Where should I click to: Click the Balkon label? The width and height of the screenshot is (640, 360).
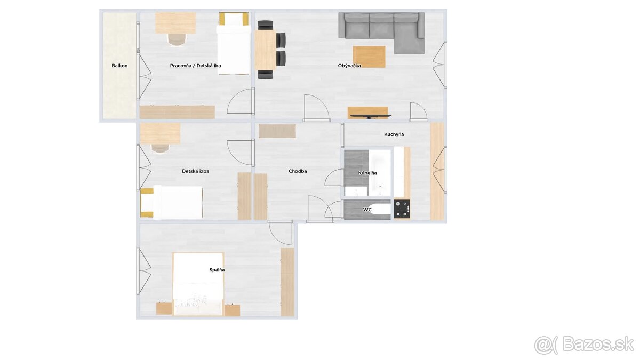click(119, 66)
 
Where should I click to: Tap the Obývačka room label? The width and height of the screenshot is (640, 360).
click(349, 66)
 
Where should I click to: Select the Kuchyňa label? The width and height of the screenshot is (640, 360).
click(394, 134)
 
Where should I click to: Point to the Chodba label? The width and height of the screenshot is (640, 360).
click(298, 171)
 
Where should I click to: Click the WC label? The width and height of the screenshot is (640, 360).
click(367, 210)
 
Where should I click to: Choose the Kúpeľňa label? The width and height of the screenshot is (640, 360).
click(367, 173)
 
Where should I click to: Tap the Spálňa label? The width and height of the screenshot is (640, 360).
click(217, 270)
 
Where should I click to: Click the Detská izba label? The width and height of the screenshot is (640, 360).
click(195, 171)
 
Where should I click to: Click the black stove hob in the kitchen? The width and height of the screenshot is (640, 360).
click(402, 209)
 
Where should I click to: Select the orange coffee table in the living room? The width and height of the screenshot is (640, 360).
click(369, 57)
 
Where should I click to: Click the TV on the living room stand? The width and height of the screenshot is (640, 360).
click(371, 116)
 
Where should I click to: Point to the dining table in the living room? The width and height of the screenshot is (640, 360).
click(265, 50)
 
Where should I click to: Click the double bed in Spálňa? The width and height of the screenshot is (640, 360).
click(198, 284)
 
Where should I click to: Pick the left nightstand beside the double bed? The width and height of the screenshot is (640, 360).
click(164, 309)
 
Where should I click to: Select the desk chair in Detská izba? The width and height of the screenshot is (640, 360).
click(161, 148)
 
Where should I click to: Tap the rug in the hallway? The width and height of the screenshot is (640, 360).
click(277, 131)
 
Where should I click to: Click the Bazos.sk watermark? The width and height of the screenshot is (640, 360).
click(584, 345)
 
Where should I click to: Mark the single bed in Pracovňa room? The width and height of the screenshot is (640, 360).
click(234, 43)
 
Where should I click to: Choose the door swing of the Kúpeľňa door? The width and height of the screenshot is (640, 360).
click(334, 178)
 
